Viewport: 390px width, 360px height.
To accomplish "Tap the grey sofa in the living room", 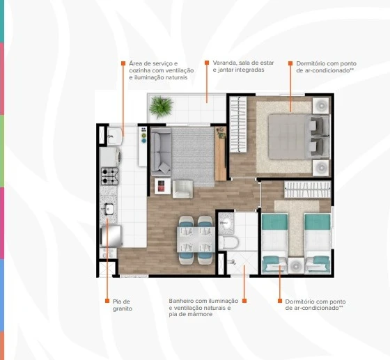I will (x=162, y=151).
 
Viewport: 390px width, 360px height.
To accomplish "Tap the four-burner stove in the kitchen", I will (x=109, y=173).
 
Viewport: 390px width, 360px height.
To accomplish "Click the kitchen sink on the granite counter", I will (x=109, y=208).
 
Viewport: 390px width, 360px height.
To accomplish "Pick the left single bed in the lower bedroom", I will (x=274, y=240).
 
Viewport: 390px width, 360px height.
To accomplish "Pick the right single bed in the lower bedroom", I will (x=317, y=240).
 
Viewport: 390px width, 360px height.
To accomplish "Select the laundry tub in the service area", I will (x=114, y=134).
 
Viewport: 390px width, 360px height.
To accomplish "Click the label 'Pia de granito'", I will (x=122, y=304).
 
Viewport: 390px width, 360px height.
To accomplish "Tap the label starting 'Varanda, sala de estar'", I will (x=243, y=66).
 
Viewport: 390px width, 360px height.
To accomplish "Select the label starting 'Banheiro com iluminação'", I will (x=203, y=307).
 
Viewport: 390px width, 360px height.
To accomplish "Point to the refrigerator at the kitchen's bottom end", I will (x=111, y=237).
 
